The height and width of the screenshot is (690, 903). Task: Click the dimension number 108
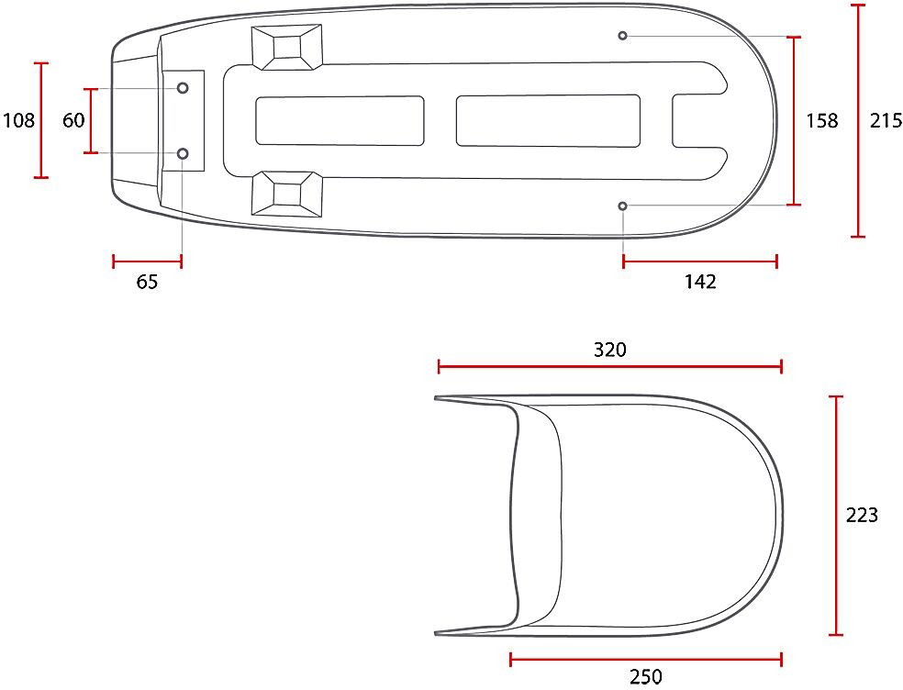(x=19, y=120)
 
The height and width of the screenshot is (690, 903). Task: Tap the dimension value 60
(x=73, y=120)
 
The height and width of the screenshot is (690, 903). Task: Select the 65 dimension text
(x=148, y=282)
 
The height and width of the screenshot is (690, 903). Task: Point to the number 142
(x=700, y=282)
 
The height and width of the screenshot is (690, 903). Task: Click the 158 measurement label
(x=822, y=120)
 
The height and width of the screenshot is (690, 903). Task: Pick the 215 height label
(x=886, y=120)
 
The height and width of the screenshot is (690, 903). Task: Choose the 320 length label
(x=610, y=350)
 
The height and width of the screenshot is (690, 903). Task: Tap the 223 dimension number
(x=862, y=515)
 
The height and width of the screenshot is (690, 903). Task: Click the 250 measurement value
(x=645, y=676)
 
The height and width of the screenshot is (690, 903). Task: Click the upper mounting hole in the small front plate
(x=183, y=88)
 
